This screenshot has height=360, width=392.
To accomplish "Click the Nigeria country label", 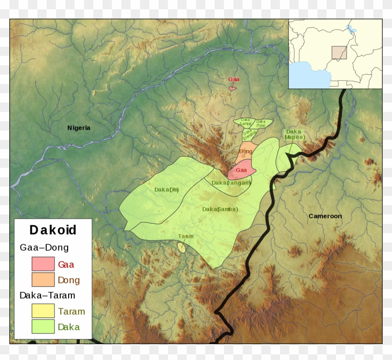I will [x=79, y=128].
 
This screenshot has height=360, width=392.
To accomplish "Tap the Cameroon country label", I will [x=325, y=216].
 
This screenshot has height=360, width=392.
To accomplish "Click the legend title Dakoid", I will [x=53, y=230].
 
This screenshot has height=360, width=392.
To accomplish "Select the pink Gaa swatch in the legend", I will [x=43, y=264].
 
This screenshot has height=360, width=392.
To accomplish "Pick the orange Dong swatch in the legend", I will [x=43, y=280].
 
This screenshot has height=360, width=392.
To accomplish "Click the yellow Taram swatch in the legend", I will [x=43, y=311].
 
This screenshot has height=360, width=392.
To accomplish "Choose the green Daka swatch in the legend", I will [x=43, y=327].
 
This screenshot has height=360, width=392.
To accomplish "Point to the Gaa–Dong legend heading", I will [x=44, y=248].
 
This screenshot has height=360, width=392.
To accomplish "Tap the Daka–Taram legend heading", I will [x=47, y=295].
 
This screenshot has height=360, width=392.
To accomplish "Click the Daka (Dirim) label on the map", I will [x=167, y=190].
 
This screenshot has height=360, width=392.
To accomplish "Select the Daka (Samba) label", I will [x=220, y=209].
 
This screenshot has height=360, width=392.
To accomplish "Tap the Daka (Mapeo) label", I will [x=294, y=135].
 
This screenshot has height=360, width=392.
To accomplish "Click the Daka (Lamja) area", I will [x=245, y=122].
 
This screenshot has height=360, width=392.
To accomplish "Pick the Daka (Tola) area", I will [x=261, y=124].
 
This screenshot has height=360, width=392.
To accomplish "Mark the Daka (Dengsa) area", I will [x=248, y=135].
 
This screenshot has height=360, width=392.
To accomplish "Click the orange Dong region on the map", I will [x=246, y=152].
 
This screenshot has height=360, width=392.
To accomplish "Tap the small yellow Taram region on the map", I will [x=182, y=247].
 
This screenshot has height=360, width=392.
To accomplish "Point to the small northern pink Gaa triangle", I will [x=232, y=88].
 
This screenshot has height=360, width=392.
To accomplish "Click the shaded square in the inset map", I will [x=339, y=53].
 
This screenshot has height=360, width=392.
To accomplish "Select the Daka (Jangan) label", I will [x=231, y=183].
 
